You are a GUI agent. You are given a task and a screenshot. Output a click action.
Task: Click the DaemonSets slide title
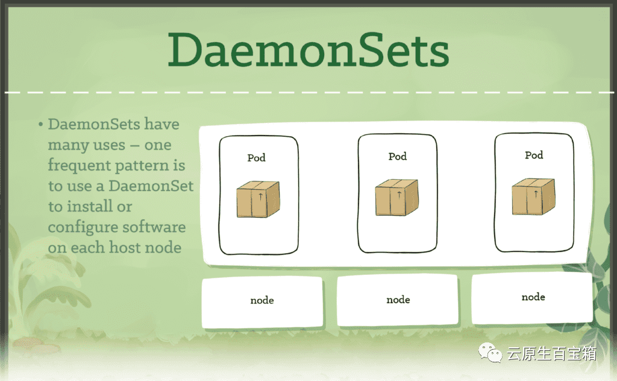pos(308,51)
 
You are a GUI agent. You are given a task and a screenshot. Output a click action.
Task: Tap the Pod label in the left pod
pos(256,158)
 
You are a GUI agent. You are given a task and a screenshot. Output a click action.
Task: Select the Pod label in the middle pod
pos(398,156)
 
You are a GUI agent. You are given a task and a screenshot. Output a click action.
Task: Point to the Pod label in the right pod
pos(534,155)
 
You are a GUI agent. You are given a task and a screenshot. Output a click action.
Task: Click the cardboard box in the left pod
pos(258,199)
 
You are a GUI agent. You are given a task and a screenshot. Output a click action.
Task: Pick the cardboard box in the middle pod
pos(397,197)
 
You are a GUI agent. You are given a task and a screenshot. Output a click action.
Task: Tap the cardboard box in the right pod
pos(533,196)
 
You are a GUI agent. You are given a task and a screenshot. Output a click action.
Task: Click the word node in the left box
pos(262,300)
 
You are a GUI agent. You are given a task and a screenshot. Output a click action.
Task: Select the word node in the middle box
pos(398,300)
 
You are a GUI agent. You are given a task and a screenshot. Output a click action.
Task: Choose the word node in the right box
pos(533,297)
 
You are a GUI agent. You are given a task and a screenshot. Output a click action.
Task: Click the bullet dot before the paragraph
pos(40,125)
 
